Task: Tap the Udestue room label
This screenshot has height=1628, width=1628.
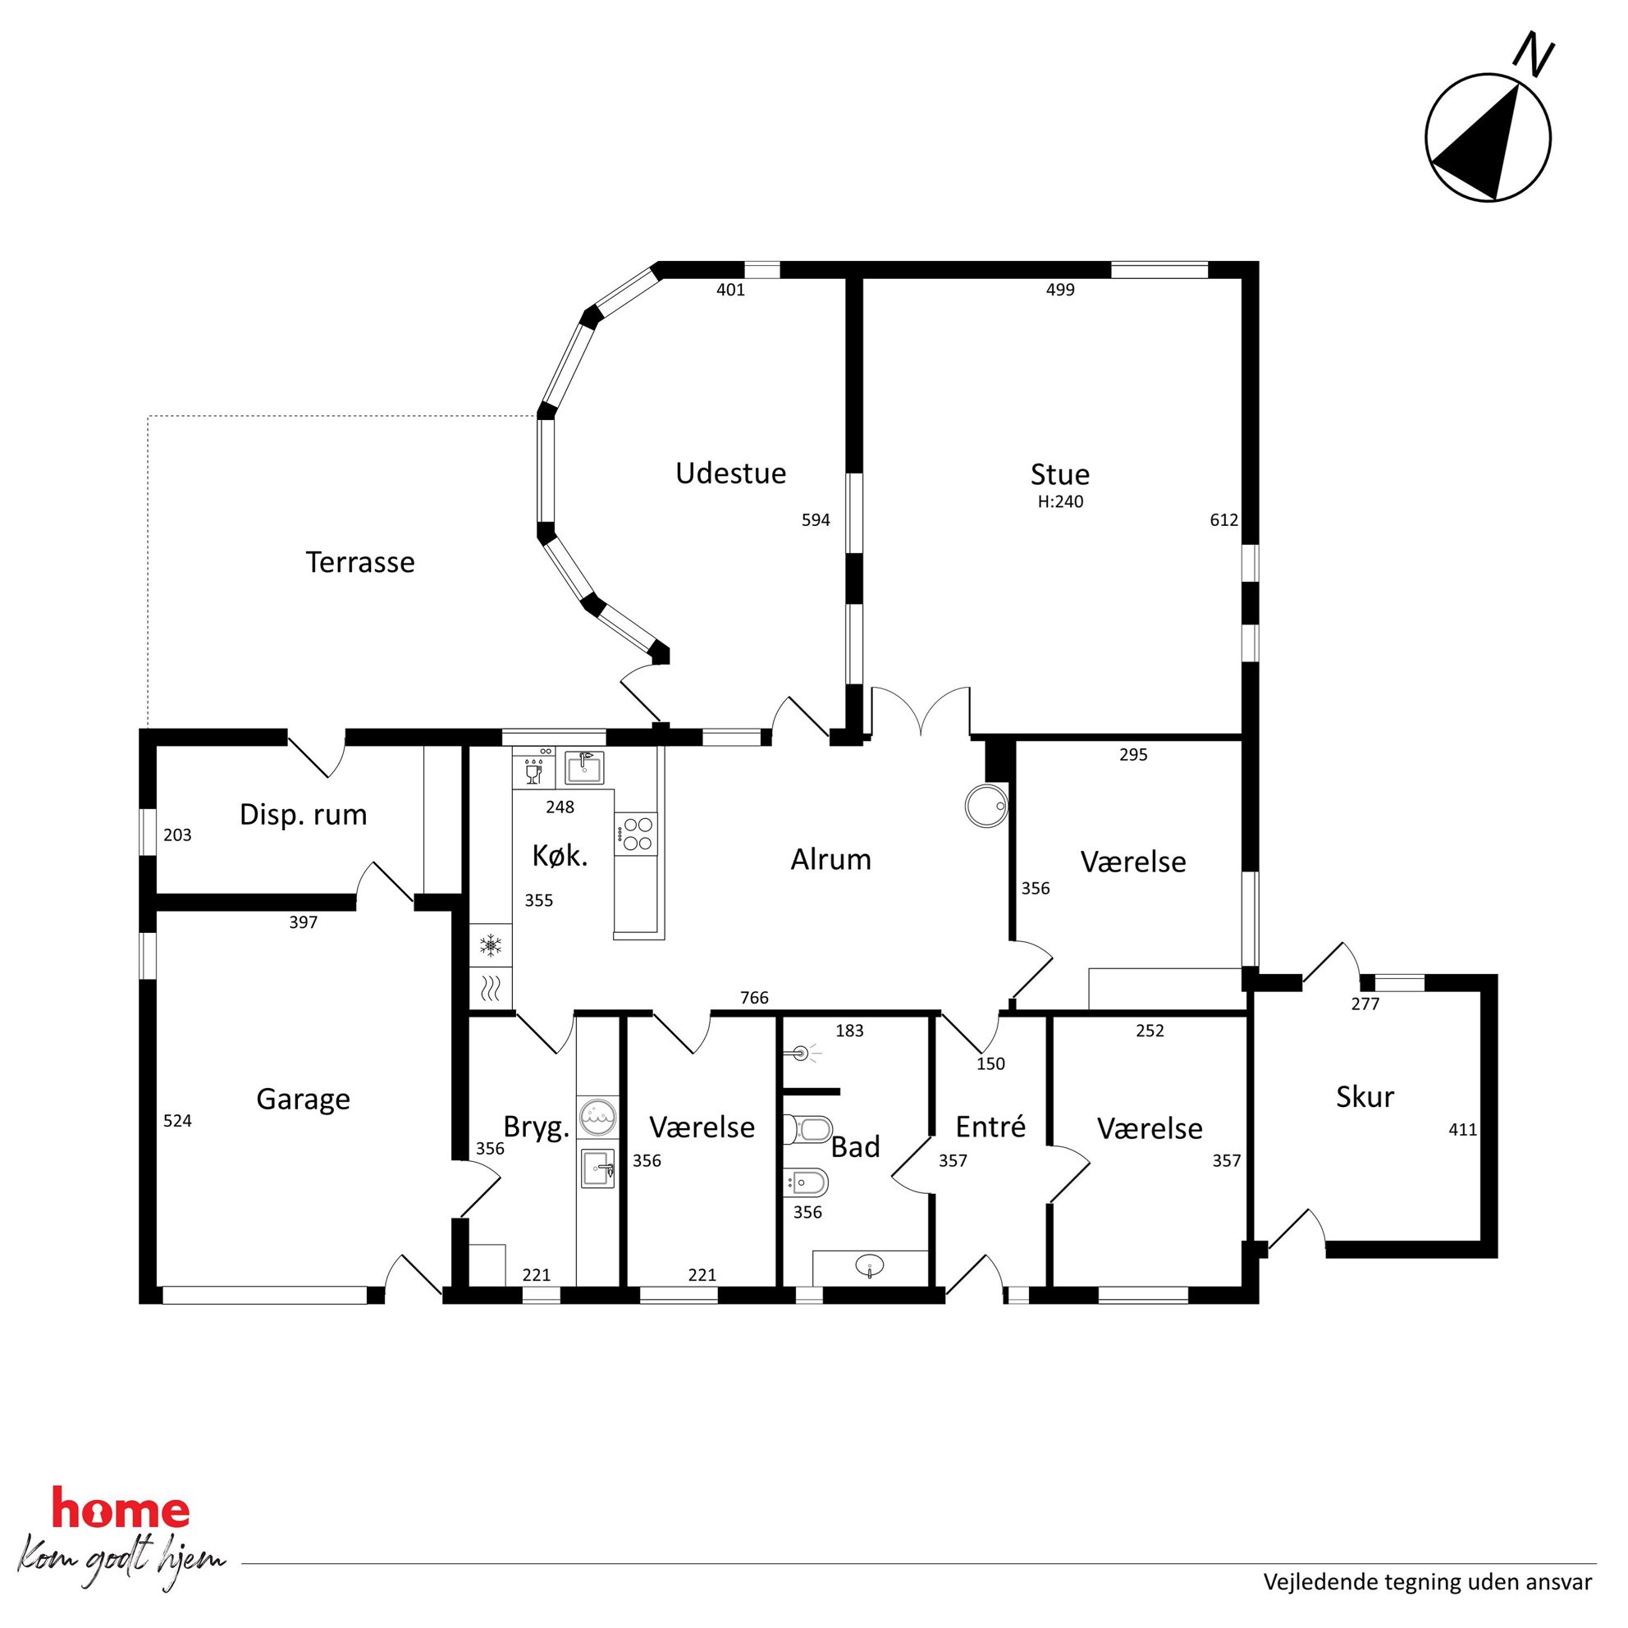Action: [x=730, y=473]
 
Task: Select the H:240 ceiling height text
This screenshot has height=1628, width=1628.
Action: [x=1060, y=502]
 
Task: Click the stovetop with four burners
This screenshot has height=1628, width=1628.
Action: [x=635, y=835]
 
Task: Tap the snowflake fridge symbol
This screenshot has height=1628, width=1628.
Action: [x=491, y=944]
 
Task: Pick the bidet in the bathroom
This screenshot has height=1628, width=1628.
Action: [x=807, y=1183]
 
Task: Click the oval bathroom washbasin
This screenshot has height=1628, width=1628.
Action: [x=870, y=1264]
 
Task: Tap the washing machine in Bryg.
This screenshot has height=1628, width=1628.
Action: [x=597, y=1118]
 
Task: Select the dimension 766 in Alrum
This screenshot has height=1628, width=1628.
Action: [x=754, y=998]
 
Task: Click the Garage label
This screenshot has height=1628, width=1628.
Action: [x=303, y=1100]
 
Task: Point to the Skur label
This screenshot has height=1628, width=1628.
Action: [x=1365, y=1096]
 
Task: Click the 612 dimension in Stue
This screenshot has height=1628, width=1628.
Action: [x=1223, y=520]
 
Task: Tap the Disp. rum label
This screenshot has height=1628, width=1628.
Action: [x=304, y=815]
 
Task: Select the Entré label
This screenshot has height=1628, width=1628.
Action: [x=991, y=1127]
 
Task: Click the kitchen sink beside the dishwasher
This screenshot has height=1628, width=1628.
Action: [x=585, y=768]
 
